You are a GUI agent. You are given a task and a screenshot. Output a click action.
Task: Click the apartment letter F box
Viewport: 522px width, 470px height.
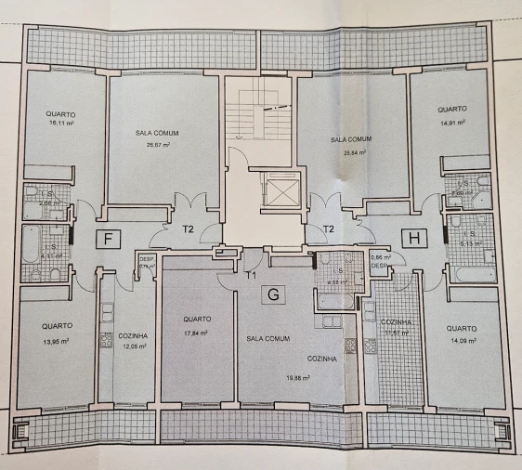[109, 239]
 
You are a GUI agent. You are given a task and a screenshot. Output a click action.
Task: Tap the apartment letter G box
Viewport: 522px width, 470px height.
[273, 295]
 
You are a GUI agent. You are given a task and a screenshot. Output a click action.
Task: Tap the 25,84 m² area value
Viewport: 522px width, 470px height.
[351, 152]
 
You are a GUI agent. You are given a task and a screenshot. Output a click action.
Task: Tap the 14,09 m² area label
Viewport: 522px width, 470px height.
[462, 340]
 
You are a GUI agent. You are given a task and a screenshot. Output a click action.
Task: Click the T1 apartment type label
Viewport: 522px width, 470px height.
[250, 275]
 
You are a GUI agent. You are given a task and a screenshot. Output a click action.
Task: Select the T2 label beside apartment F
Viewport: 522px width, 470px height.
[187, 229]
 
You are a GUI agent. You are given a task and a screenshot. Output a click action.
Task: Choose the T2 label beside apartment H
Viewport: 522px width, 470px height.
[328, 229]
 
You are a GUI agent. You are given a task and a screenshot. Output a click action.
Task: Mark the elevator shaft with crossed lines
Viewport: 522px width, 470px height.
[281, 190]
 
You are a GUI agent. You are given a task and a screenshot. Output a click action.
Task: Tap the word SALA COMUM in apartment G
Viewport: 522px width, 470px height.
[266, 338]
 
